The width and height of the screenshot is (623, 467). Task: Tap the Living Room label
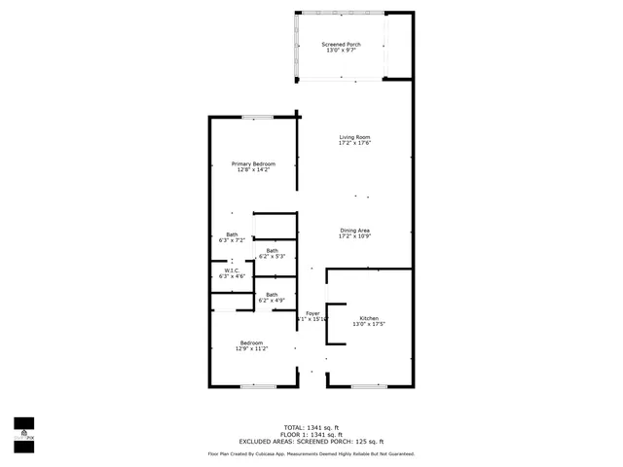[354, 137]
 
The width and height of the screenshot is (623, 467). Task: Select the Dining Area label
[354, 230]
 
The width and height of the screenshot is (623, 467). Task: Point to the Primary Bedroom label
[253, 163]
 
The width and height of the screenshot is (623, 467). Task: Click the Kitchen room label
[369, 318]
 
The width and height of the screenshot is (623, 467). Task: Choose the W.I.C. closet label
[233, 270]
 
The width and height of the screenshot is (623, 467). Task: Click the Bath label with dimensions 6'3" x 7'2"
[232, 233]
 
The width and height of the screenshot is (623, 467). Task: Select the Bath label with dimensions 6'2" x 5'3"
[272, 250]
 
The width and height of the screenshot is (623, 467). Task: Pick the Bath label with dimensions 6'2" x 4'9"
[272, 294]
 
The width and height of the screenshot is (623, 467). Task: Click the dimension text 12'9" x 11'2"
[252, 348]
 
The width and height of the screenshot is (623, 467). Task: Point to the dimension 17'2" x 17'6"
[354, 143]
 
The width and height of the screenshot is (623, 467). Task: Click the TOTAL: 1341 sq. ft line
[311, 427]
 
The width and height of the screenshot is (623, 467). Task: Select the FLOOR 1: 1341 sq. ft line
[311, 434]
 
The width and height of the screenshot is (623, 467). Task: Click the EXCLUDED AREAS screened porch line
[311, 442]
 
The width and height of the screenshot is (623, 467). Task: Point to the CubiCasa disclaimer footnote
[311, 453]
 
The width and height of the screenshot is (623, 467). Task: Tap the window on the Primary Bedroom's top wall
[257, 118]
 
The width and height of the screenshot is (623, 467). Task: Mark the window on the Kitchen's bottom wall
[370, 387]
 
